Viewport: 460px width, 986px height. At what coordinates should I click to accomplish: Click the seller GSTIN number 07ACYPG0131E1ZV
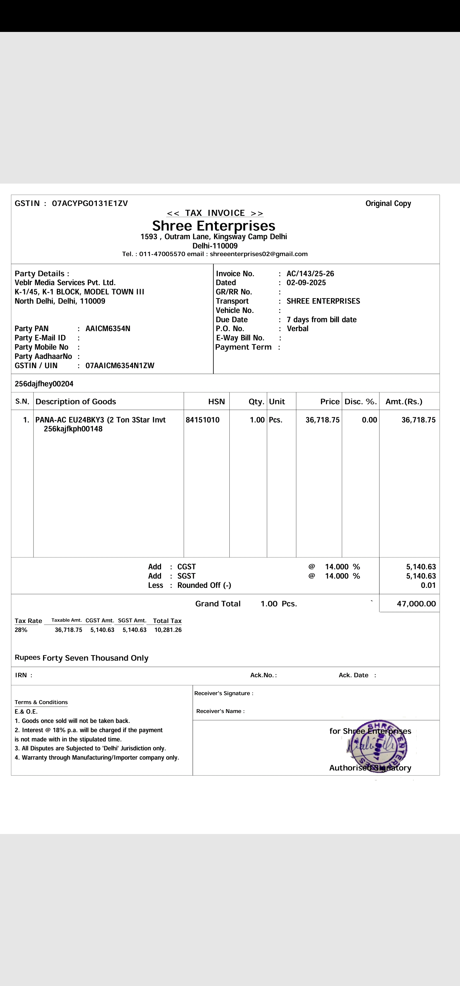pos(90,203)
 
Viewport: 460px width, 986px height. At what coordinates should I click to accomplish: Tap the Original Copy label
pos(388,204)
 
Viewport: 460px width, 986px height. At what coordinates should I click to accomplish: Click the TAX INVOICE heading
pos(215,213)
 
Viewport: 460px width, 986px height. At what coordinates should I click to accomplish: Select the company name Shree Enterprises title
pos(213,225)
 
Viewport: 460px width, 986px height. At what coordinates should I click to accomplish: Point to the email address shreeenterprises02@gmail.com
pos(258,254)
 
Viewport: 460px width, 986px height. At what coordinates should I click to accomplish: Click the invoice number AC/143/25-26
pos(310,274)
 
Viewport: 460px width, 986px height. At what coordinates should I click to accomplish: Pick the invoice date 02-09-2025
pos(306,283)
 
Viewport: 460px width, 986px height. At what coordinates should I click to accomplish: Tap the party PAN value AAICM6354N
pos(108,329)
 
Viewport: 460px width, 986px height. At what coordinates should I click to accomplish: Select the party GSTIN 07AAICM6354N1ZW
pos(119,366)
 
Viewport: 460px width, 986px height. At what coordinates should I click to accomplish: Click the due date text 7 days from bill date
pos(321,320)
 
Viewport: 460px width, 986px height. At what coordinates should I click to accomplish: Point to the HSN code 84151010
pos(203,420)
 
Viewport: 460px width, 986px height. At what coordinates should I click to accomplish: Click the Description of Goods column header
pos(75,401)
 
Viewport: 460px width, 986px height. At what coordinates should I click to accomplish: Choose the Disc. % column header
pos(360,401)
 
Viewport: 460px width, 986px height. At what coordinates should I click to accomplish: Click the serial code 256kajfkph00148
pos(73,429)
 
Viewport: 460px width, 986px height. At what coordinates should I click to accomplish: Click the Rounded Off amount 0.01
pos(428,585)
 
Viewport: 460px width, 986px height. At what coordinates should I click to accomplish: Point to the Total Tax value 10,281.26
pos(168,630)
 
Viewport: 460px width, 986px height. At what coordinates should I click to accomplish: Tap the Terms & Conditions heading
pos(41,702)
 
